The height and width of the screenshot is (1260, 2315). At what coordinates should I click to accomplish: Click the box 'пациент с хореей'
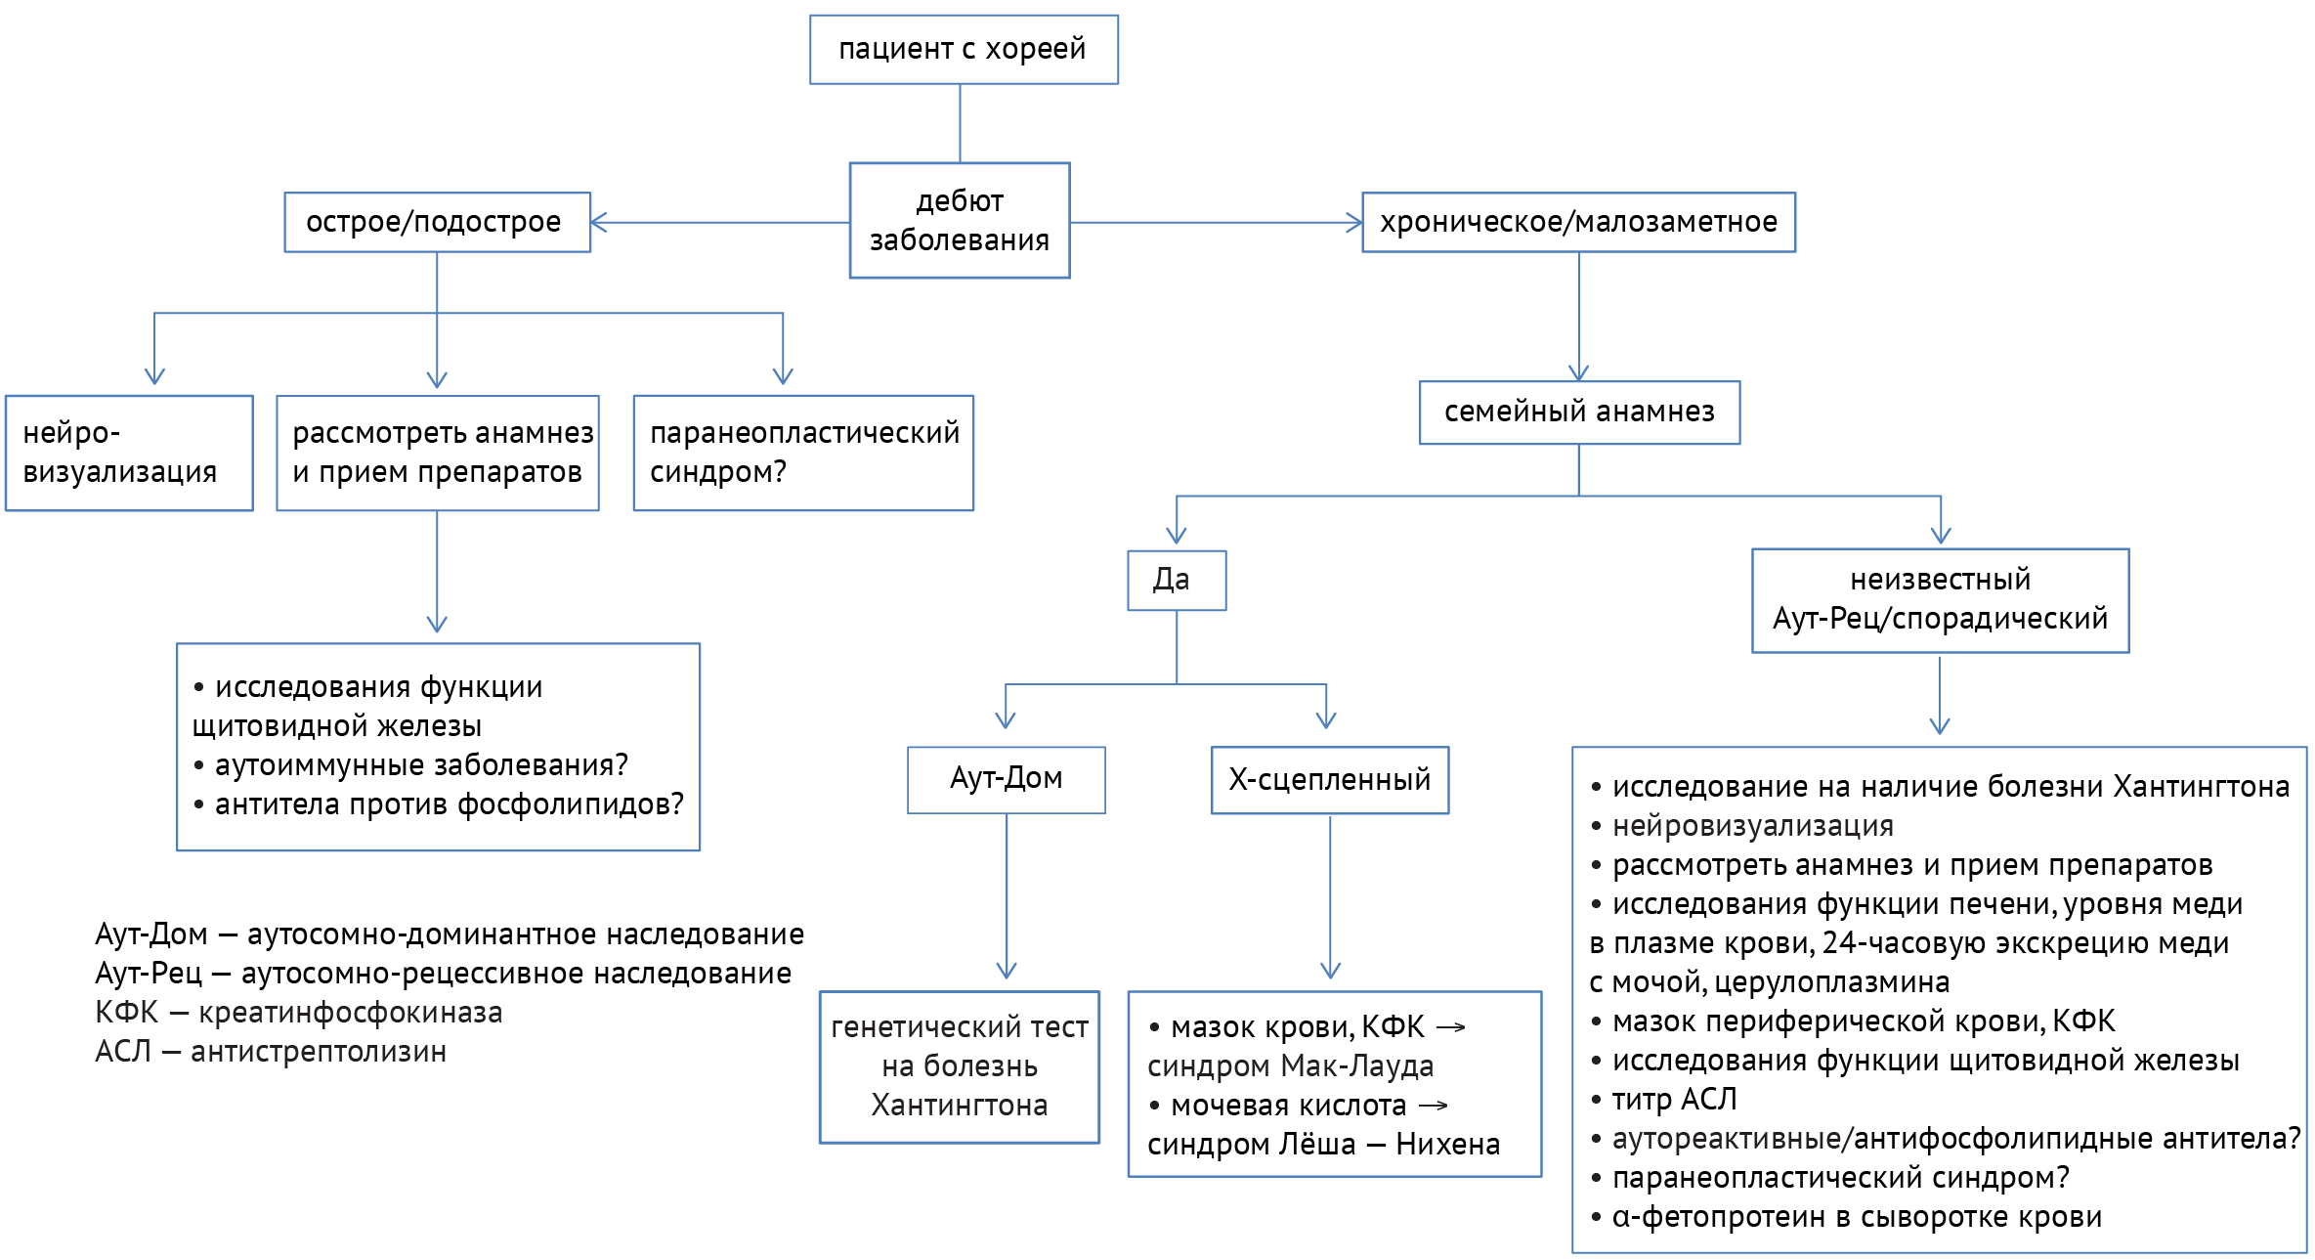[x=963, y=49]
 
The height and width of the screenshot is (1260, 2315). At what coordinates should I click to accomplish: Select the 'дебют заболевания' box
[x=960, y=220]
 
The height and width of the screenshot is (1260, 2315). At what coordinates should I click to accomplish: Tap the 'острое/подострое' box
[x=437, y=222]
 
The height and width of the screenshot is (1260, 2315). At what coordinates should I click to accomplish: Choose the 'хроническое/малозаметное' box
[x=1578, y=222]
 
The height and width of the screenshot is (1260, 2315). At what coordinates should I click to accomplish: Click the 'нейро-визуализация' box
[x=129, y=453]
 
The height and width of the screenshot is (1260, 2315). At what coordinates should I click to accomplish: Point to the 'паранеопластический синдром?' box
[x=803, y=453]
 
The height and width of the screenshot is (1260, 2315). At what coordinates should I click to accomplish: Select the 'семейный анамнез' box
[x=1579, y=412]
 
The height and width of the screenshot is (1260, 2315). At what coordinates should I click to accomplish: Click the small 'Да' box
[x=1177, y=580]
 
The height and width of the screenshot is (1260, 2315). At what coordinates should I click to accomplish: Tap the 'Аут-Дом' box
[x=1006, y=779]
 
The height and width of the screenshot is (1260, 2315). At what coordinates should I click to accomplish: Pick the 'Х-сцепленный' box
[x=1329, y=779]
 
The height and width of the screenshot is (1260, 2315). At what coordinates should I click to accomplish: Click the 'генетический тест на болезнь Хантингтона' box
[x=959, y=1066]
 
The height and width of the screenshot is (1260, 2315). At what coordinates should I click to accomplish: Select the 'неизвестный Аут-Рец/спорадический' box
[x=1940, y=599]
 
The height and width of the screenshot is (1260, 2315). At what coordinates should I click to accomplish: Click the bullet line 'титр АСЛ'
[x=1674, y=1100]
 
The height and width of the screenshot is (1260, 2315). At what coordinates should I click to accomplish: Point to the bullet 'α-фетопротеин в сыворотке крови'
[x=1856, y=1217]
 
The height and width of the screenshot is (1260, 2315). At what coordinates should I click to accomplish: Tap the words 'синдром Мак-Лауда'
[x=1290, y=1066]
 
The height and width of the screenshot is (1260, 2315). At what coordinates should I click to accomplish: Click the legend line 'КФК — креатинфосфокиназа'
[x=299, y=1013]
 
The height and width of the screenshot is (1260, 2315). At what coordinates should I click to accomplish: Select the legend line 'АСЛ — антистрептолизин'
[x=271, y=1052]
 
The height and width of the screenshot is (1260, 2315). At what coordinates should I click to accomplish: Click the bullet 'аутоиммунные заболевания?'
[x=420, y=765]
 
